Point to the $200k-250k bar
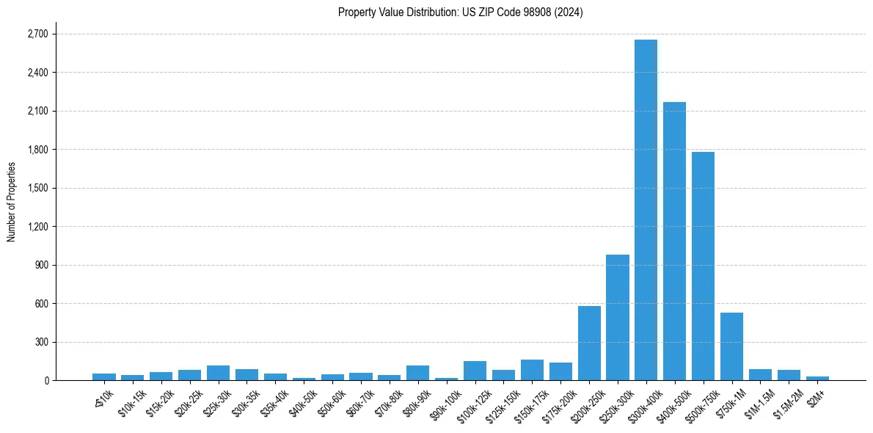click(x=589, y=343)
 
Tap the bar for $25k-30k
click(x=218, y=373)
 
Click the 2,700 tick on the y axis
click(x=37, y=34)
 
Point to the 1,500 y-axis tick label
click(x=37, y=188)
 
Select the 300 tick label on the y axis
click(x=41, y=342)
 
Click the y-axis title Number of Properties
click(x=11, y=202)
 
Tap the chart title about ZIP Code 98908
click(x=460, y=12)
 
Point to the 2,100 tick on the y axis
click(x=37, y=111)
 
